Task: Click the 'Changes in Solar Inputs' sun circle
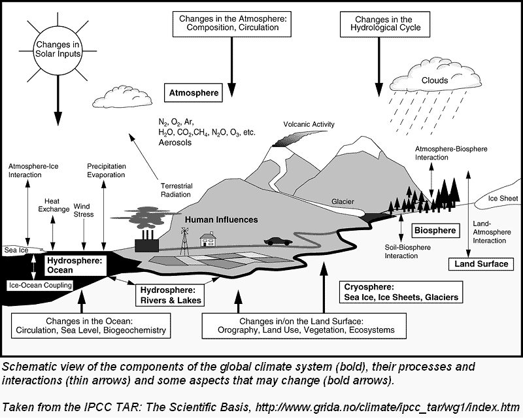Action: [x=57, y=46]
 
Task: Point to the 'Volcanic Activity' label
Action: [x=309, y=124]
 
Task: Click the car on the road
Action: [x=278, y=241]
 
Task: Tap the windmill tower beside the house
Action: [x=185, y=241]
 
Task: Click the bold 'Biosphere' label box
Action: [x=435, y=230]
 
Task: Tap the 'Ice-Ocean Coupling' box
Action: [x=41, y=284]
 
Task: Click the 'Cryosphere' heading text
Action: [x=369, y=287]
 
